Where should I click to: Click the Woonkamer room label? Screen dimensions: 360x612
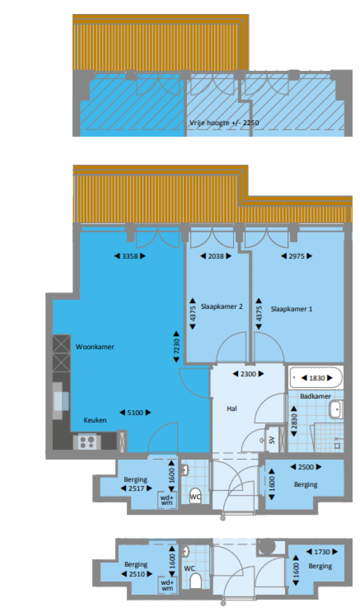[x=95, y=347]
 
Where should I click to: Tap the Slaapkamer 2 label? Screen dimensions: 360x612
[x=221, y=306]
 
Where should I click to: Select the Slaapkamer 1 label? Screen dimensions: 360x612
[x=292, y=309]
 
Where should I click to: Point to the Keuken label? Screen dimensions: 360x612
[x=95, y=420]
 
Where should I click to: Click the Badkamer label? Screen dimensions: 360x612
[x=315, y=396]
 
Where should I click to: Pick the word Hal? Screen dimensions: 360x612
[x=232, y=409]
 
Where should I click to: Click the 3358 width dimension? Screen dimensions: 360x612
[x=130, y=256]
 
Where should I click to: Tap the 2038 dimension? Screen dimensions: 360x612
[x=216, y=256]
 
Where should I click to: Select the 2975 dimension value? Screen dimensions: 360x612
[x=297, y=256]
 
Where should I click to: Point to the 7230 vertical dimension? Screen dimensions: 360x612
[x=177, y=346]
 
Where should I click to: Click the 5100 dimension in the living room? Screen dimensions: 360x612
[x=135, y=412]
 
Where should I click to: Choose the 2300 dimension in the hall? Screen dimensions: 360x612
[x=248, y=374]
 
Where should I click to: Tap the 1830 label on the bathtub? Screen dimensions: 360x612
[x=317, y=378]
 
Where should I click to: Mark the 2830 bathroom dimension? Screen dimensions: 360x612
[x=294, y=421]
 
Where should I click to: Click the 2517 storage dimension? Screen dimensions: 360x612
[x=136, y=488]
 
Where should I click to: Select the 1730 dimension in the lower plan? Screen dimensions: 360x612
[x=322, y=552]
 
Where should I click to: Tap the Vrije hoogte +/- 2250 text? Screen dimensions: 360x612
[x=224, y=123]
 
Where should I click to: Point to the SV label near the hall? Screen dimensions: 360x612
[x=271, y=440]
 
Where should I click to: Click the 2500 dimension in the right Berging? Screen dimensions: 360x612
[x=306, y=467]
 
